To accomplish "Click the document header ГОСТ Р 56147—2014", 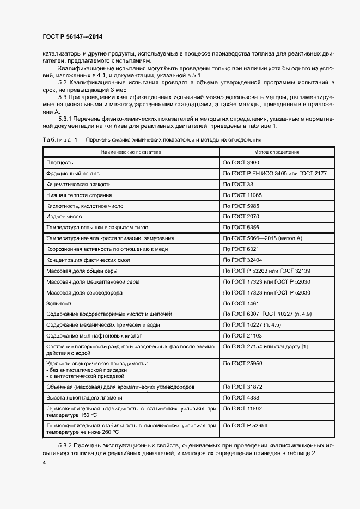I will click(x=72, y=36).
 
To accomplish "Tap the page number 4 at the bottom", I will click(x=44, y=462).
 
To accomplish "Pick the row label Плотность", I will click(x=60, y=163).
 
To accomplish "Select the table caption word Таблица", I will click(x=57, y=140).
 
